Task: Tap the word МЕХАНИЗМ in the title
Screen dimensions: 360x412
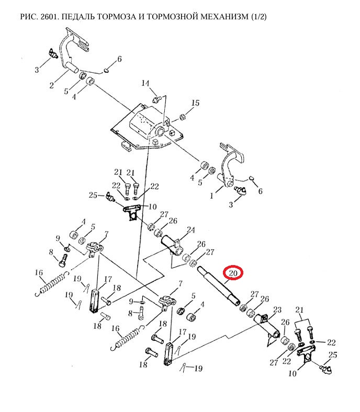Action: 224,17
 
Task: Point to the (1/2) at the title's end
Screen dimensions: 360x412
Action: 259,17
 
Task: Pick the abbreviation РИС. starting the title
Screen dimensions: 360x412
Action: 29,17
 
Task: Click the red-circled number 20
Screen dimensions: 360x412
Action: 233,273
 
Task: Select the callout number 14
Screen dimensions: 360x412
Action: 145,83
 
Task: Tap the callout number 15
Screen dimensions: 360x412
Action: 195,102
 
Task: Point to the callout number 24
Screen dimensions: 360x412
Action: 191,230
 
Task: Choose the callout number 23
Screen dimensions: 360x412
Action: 277,310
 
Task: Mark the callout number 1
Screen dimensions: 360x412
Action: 211,196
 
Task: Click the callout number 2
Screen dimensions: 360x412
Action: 52,85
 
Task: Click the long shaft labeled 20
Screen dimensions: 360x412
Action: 219,286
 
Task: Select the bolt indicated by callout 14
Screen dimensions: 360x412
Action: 156,99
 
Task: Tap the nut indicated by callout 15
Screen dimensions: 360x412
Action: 182,116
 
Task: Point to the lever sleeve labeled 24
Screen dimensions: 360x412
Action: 171,245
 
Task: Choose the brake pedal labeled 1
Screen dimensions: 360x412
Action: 231,166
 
